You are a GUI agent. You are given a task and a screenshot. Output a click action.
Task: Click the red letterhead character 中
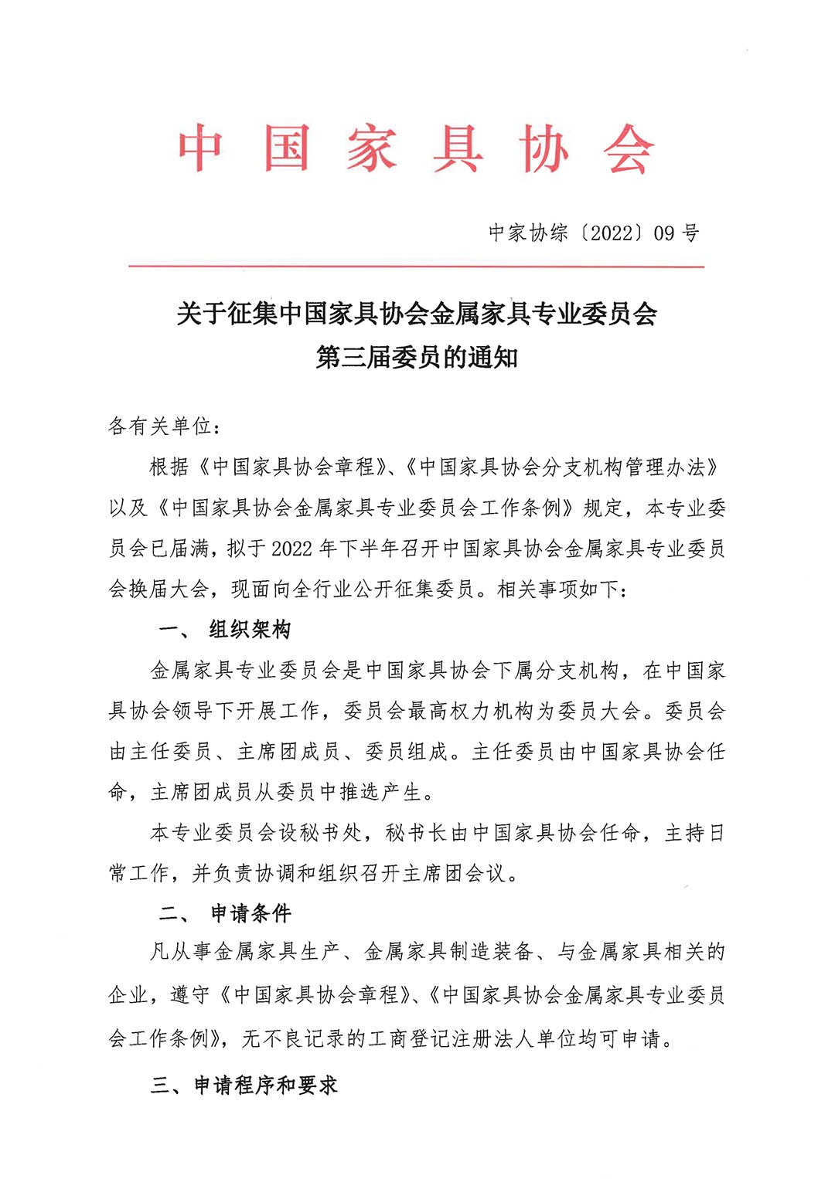(201, 148)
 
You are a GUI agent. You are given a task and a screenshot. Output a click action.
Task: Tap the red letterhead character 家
(371, 148)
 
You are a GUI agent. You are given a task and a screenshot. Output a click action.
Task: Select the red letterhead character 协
(544, 148)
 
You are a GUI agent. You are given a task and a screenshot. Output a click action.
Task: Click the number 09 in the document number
(664, 233)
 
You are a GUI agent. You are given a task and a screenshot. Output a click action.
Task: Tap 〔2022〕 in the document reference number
(612, 233)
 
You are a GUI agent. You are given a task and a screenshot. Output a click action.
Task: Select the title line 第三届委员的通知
(417, 357)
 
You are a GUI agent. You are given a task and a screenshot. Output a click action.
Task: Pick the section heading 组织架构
(250, 630)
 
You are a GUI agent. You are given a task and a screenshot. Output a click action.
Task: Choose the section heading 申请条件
(251, 914)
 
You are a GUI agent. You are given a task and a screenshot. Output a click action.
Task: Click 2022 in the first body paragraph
(291, 549)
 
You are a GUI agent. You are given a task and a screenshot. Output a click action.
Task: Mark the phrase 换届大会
(169, 589)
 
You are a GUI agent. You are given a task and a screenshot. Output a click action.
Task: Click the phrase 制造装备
(491, 952)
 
